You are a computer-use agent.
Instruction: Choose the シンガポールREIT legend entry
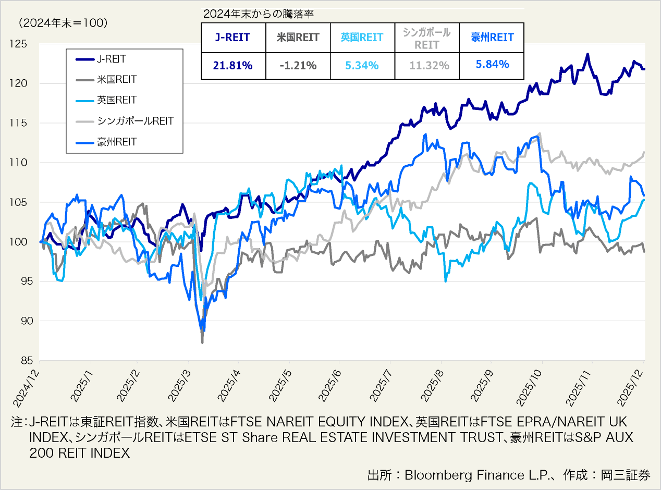[x=135, y=121]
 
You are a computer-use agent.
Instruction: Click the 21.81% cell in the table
[x=233, y=66]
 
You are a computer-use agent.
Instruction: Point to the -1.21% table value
[x=298, y=66]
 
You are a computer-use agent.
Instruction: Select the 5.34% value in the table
[x=362, y=66]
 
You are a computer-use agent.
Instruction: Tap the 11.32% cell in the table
[x=427, y=66]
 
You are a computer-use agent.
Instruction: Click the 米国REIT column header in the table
[x=298, y=38]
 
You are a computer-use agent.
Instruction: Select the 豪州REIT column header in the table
[x=492, y=38]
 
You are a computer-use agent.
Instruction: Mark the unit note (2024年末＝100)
[x=62, y=23]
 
